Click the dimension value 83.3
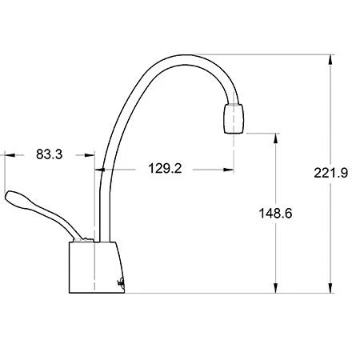click(x=50, y=154)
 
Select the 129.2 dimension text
click(x=164, y=169)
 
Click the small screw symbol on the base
click(x=120, y=281)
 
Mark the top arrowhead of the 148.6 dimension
click(x=276, y=136)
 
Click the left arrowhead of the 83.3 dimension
click(x=8, y=154)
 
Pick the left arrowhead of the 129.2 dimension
click(x=100, y=169)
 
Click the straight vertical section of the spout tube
click(x=99, y=200)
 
